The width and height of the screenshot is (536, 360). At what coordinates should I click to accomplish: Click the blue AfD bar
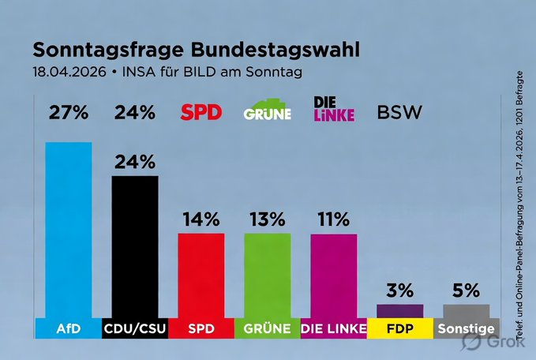pos(69,229)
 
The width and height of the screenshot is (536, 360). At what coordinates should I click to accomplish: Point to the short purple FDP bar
pos(399,310)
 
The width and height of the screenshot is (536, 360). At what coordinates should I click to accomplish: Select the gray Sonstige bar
pos(466,310)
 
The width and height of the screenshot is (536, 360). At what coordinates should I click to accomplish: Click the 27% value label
pos(69,112)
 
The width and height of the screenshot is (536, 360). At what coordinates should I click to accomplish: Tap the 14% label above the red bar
pos(201,219)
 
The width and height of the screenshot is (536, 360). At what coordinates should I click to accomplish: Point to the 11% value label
pos(333,219)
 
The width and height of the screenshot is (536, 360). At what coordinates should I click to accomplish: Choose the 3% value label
pos(399,290)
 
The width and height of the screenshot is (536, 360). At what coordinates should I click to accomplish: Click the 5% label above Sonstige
pos(466,290)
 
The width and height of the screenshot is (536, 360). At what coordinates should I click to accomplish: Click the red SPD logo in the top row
pos(201,112)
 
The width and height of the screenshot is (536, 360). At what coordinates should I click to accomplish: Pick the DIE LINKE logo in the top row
pos(333,108)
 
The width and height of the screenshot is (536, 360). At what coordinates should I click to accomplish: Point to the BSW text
pos(400,112)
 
